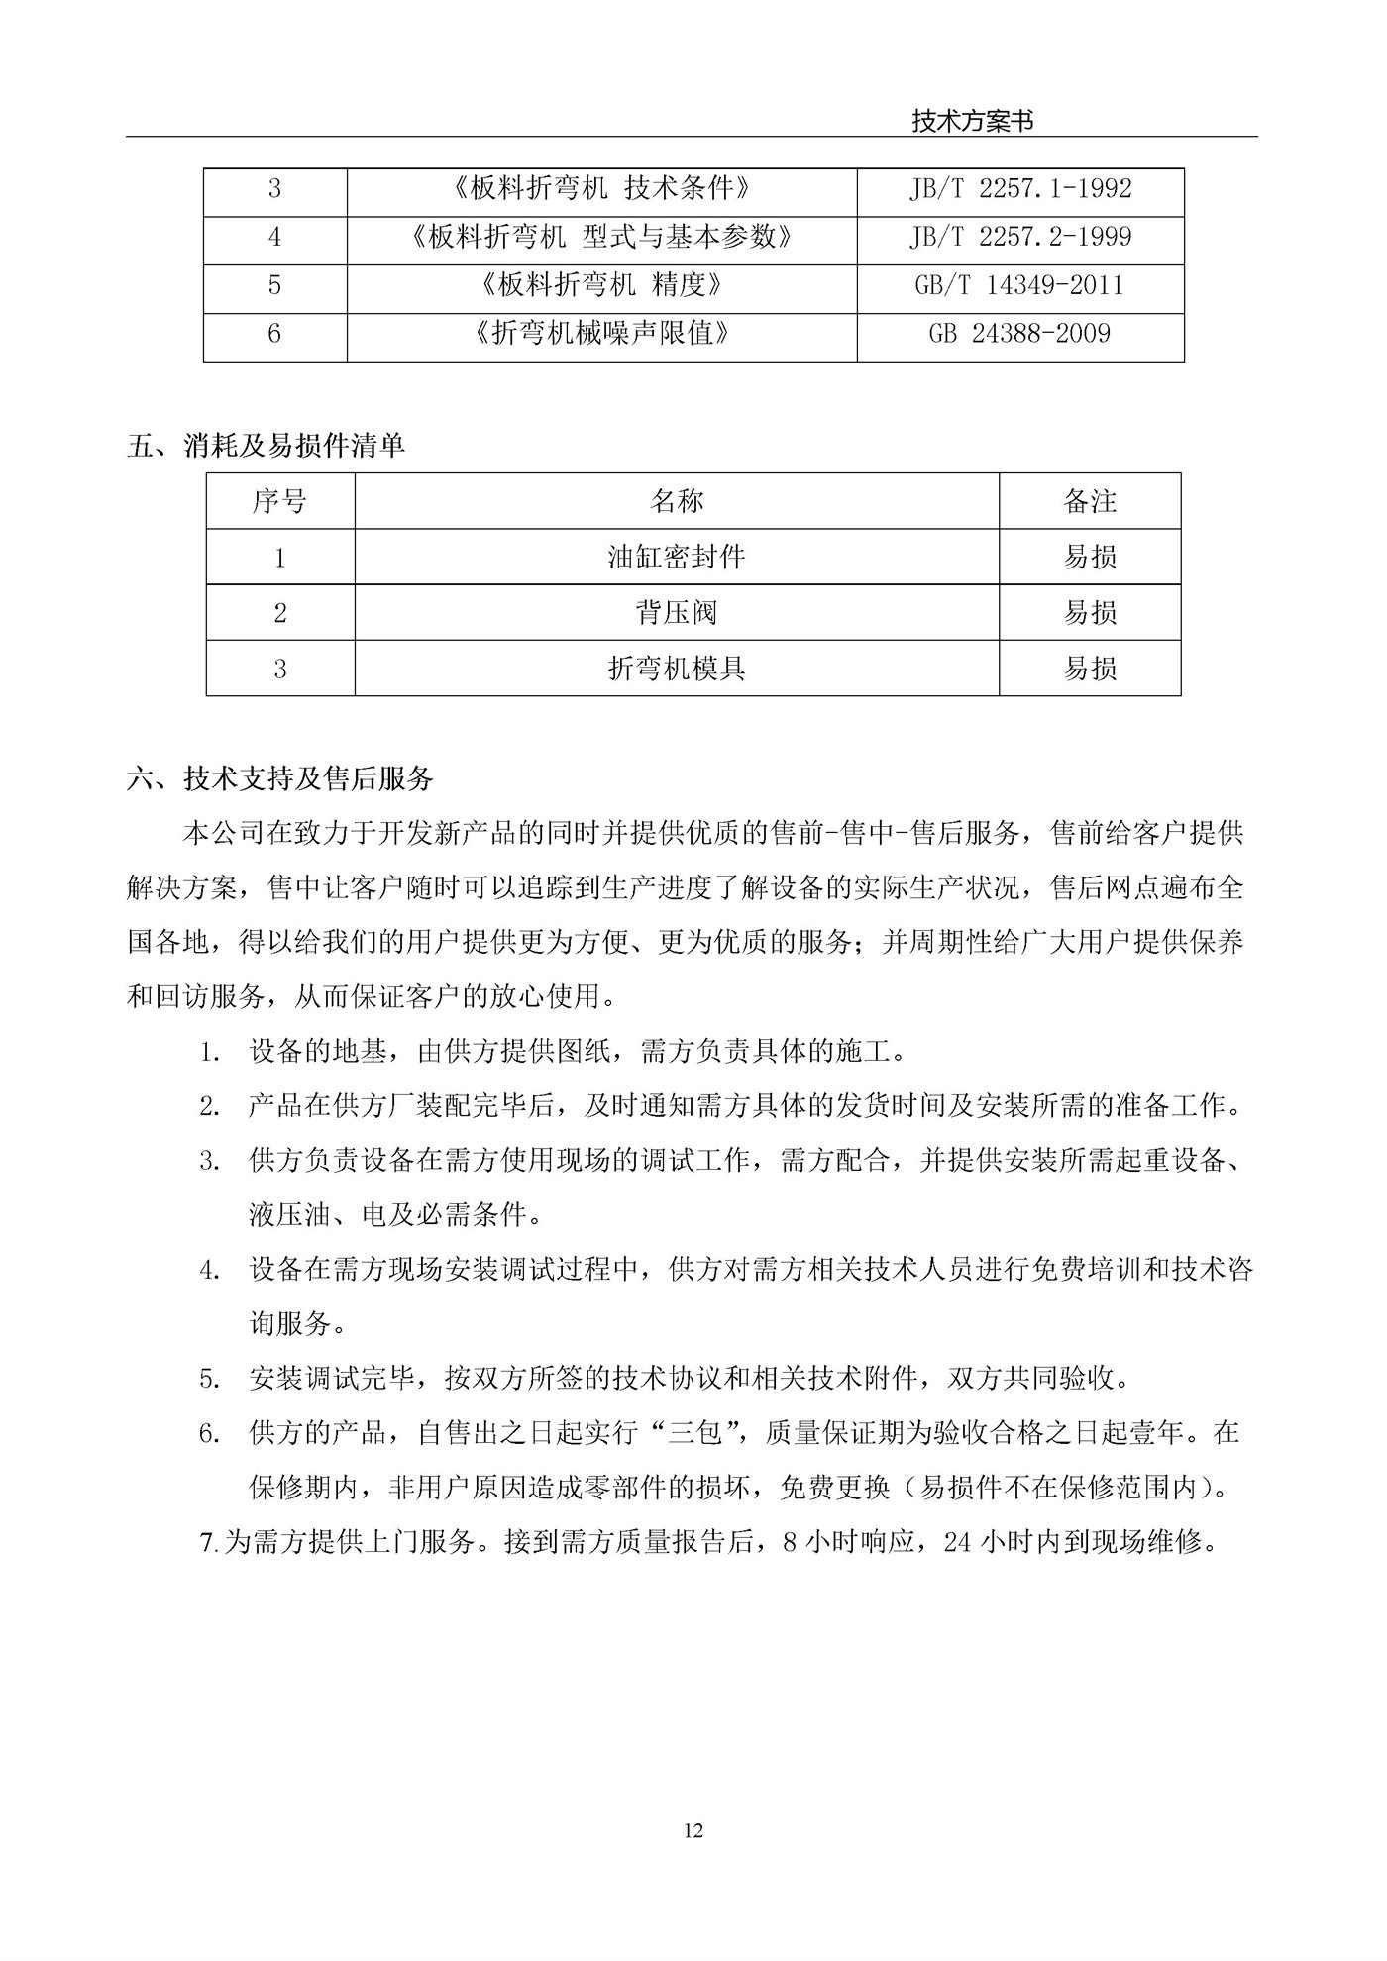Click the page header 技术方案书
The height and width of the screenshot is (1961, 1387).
click(x=972, y=121)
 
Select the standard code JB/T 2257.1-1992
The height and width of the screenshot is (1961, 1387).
click(x=1019, y=188)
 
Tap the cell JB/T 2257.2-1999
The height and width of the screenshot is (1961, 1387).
click(x=1019, y=237)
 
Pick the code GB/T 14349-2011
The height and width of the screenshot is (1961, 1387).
click(x=1019, y=286)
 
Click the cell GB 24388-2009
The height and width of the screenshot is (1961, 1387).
click(x=1019, y=334)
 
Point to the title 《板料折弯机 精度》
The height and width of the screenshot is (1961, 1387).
click(x=600, y=286)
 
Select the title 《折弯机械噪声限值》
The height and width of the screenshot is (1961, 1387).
click(x=600, y=334)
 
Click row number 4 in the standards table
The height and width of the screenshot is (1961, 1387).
click(x=274, y=237)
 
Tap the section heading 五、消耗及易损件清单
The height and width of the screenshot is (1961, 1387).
click(x=266, y=447)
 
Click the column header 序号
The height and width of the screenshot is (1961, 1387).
click(x=279, y=501)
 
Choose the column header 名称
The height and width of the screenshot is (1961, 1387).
click(x=676, y=501)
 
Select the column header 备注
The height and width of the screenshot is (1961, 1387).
click(x=1090, y=501)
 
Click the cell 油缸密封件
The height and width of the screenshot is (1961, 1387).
click(x=676, y=557)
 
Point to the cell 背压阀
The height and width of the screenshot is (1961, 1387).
click(x=676, y=613)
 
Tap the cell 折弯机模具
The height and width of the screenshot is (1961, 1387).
click(x=676, y=669)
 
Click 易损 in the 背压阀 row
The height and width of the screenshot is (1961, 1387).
click(x=1090, y=613)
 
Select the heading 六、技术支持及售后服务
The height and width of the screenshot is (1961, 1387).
click(x=280, y=779)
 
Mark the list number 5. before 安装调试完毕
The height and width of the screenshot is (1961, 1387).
click(x=209, y=1379)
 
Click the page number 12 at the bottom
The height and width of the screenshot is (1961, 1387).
click(x=693, y=1831)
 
